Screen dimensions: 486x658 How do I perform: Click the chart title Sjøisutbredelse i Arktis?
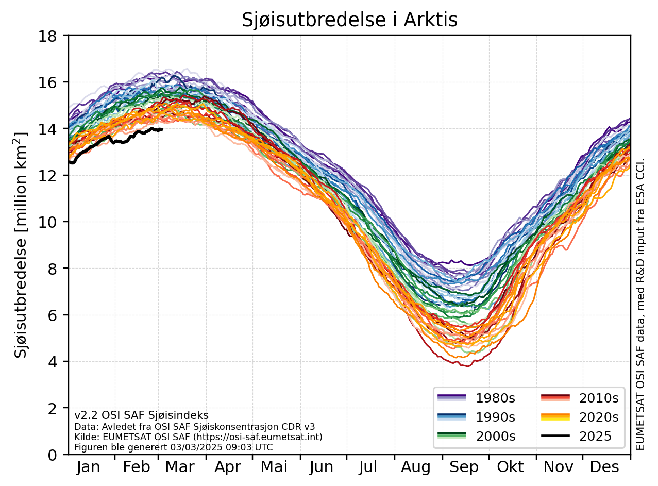click(x=349, y=20)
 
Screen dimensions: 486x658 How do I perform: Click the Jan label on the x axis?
click(x=89, y=467)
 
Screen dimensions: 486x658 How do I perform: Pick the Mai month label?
click(x=274, y=467)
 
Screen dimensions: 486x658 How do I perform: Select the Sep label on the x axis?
click(x=464, y=467)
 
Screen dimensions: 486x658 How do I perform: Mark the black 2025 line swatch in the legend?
click(x=555, y=436)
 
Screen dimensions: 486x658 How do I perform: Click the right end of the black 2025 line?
click(x=162, y=129)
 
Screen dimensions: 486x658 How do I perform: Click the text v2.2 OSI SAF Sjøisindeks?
click(x=141, y=415)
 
